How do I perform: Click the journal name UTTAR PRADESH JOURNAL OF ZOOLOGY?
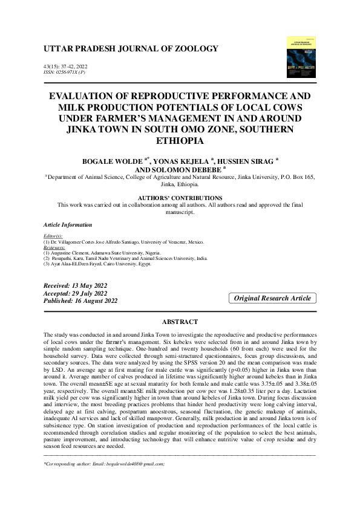pyautogui.click(x=131, y=48)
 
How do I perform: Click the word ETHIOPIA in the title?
pyautogui.click(x=180, y=141)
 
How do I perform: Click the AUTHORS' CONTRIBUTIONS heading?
pyautogui.click(x=180, y=198)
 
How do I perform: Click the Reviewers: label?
pyautogui.click(x=55, y=247)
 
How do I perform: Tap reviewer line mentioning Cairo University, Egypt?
pyautogui.click(x=106, y=264)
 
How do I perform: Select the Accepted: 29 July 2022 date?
pyautogui.click(x=76, y=293)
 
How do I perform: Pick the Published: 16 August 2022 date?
pyautogui.click(x=81, y=300)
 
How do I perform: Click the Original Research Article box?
pyautogui.click(x=272, y=298)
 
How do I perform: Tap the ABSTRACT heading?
pyautogui.click(x=180, y=322)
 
